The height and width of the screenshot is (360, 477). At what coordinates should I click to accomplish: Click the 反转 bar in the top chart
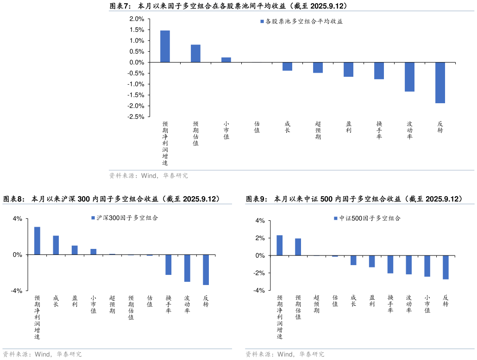[440, 83]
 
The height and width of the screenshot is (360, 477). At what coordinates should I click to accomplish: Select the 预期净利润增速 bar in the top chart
[165, 46]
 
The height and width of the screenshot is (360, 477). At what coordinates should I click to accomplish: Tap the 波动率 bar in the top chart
[409, 77]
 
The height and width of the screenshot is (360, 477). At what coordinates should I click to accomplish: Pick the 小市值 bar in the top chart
[226, 60]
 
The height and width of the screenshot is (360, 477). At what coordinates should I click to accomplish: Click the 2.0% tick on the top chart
[137, 19]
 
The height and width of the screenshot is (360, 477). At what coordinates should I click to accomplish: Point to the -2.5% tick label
[135, 117]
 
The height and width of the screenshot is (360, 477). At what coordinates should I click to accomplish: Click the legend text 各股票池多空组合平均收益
[304, 21]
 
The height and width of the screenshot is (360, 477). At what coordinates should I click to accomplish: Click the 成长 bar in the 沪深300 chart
[56, 245]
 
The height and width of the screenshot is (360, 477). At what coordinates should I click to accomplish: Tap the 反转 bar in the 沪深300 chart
[206, 270]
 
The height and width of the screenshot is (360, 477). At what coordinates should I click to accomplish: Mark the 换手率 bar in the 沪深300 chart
[168, 265]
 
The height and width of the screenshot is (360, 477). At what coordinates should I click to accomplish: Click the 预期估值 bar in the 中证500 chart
[298, 247]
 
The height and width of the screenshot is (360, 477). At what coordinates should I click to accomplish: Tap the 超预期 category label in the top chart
[318, 130]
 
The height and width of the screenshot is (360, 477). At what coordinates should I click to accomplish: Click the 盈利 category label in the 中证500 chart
[372, 301]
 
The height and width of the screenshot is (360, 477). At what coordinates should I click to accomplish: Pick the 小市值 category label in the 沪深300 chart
[94, 304]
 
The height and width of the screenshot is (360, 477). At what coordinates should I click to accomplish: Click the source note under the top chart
[149, 176]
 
